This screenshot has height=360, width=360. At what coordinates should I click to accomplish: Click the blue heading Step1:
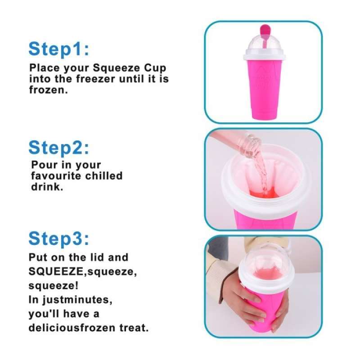tap(59, 49)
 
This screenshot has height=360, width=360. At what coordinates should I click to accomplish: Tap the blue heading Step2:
tap(59, 148)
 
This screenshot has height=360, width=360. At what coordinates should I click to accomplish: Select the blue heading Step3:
tap(59, 238)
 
